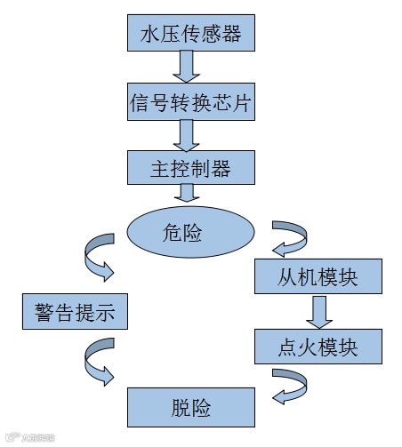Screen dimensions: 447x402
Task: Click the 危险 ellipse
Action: click(x=184, y=233)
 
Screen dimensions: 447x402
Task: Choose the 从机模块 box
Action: click(x=318, y=278)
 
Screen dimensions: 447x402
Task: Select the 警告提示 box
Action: click(x=75, y=313)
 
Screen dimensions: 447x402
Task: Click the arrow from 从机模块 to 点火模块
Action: click(x=318, y=311)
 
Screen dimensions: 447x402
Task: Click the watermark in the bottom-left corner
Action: click(x=31, y=436)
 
